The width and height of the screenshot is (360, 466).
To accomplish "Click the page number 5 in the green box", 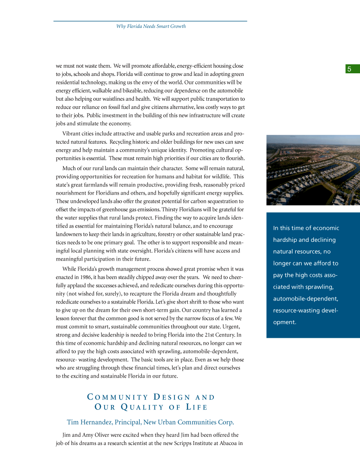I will [x=349, y=69].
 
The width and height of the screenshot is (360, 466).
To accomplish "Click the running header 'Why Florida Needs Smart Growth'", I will [x=151, y=26].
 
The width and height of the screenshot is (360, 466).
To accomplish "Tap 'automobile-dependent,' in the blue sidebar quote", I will [x=306, y=298].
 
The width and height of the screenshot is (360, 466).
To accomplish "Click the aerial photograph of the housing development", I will [x=313, y=170].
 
